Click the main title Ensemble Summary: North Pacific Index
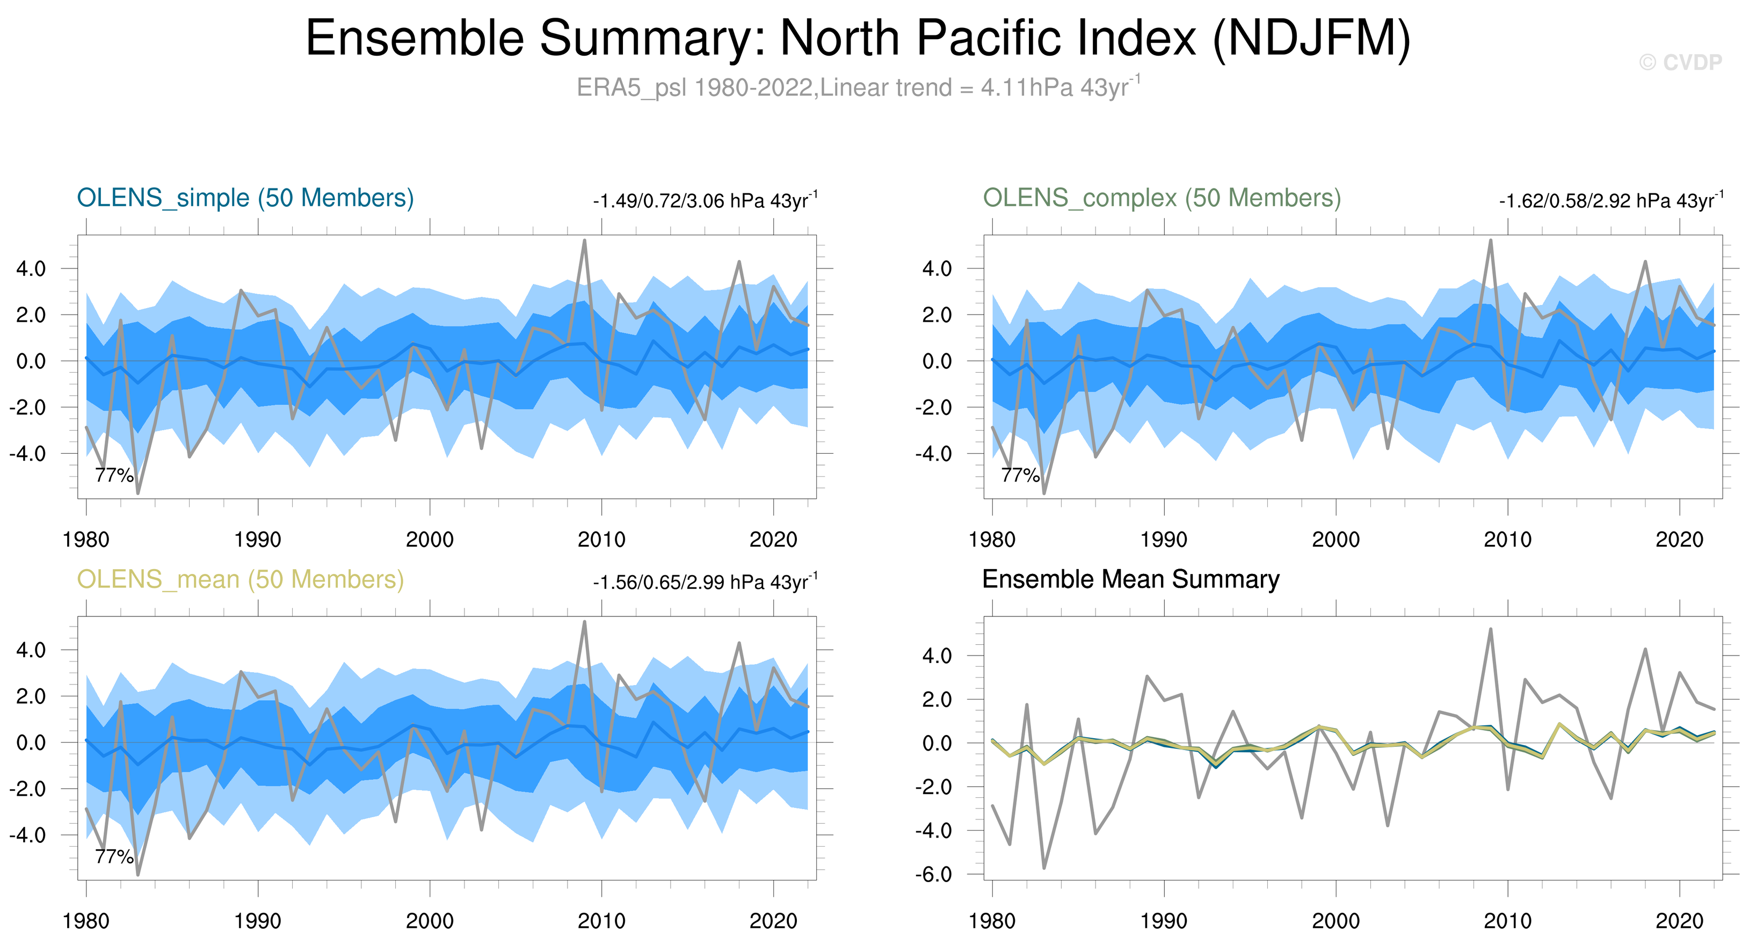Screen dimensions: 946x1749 (858, 38)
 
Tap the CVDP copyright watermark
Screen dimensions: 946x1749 (1680, 62)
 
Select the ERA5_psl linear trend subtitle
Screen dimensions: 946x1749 (858, 88)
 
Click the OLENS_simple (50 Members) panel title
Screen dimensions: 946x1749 (245, 198)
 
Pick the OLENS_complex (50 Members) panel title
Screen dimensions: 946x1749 (1162, 198)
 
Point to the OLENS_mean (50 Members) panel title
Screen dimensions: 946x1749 (241, 579)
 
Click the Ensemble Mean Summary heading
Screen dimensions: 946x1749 (1130, 579)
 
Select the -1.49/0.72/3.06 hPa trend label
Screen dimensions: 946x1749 (705, 201)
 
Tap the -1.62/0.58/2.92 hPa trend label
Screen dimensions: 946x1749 (1610, 201)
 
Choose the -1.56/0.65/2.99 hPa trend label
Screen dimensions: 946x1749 (705, 583)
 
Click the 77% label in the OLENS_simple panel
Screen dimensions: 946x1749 (114, 475)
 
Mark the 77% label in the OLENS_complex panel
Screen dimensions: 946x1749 (1020, 475)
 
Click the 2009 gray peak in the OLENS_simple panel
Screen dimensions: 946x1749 (585, 241)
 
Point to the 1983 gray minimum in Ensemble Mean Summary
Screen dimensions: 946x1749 (1044, 867)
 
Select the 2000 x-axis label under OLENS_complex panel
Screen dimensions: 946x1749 (1336, 540)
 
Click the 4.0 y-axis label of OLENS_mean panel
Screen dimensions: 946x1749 (31, 650)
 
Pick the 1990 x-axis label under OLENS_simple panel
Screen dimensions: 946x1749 (257, 540)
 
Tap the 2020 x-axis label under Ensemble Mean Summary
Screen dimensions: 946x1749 (1679, 921)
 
